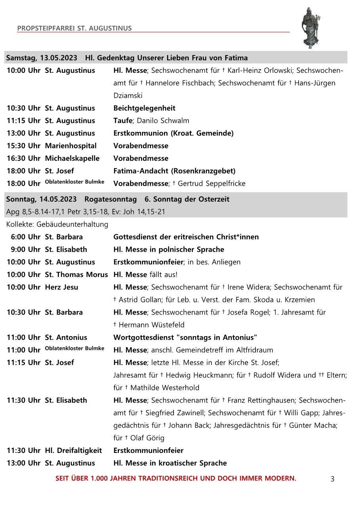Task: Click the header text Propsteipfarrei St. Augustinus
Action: [74, 28]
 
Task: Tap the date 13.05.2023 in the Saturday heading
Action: [58, 58]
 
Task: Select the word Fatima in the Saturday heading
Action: [236, 58]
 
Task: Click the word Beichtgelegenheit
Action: [144, 108]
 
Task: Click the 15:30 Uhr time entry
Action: [23, 146]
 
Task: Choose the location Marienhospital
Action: [70, 146]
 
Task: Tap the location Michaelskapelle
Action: [72, 159]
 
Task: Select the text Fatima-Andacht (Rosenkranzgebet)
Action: [174, 171]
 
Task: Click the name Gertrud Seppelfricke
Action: [211, 183]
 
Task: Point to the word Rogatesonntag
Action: [110, 199]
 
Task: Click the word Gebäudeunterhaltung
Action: [72, 225]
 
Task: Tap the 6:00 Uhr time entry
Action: [26, 237]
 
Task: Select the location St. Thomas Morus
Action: [76, 275]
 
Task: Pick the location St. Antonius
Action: [66, 338]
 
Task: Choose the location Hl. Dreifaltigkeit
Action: [73, 451]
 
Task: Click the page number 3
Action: [332, 479]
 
